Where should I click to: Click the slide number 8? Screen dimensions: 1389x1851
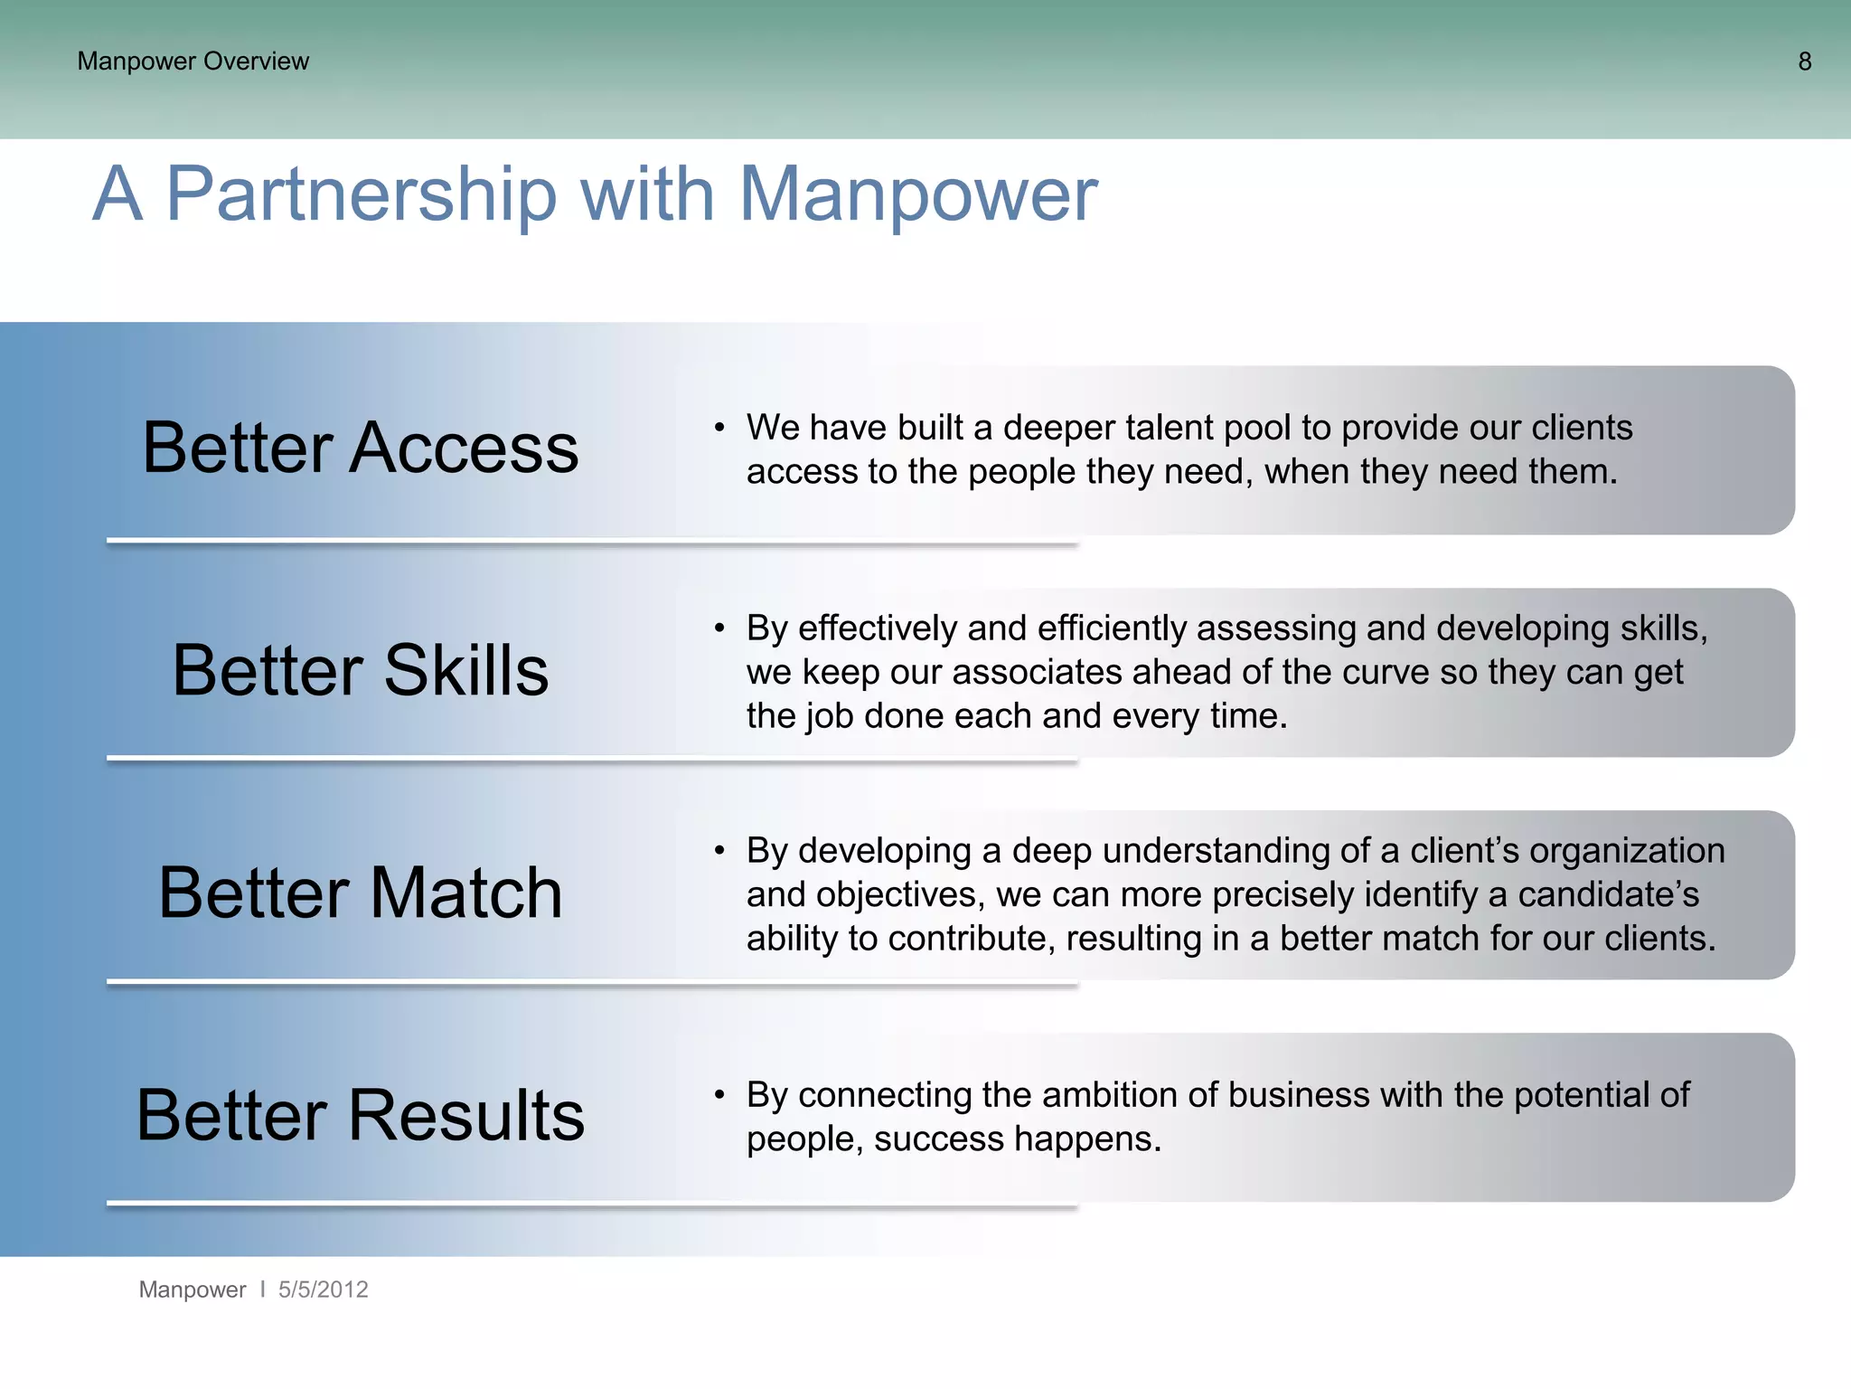(1804, 61)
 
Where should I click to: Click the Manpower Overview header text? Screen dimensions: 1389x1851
(193, 61)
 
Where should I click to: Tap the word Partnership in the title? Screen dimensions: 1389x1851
(362, 195)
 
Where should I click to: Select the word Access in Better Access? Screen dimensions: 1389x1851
(464, 449)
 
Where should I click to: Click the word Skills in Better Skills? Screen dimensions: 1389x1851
(465, 671)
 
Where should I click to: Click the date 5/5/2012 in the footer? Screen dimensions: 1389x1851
(323, 1290)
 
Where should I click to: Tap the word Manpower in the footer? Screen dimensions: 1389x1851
(192, 1290)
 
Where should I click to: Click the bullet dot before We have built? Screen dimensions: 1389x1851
(719, 428)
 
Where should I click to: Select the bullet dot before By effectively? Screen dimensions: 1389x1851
(719, 628)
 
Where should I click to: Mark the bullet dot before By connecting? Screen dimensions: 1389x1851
(719, 1095)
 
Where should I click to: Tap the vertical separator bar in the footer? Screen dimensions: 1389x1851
(262, 1290)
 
